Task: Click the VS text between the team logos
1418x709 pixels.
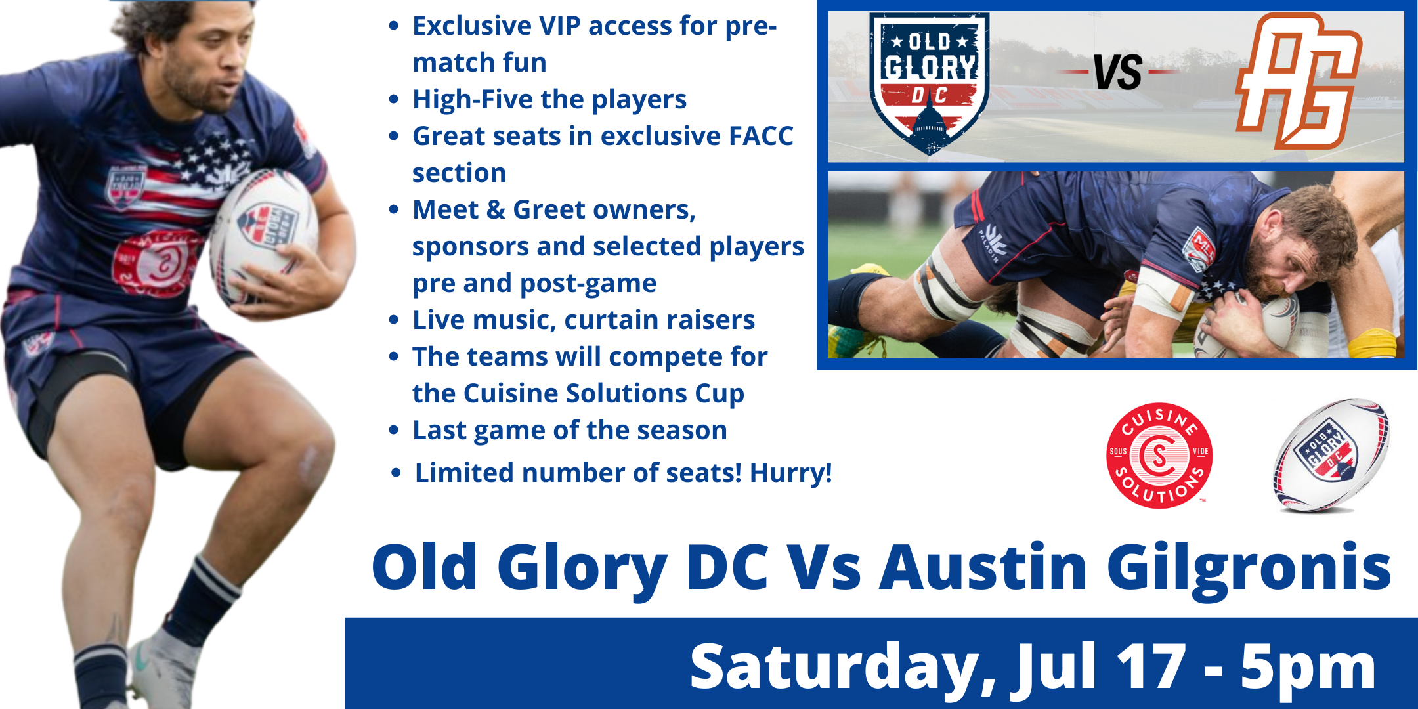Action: tap(1118, 72)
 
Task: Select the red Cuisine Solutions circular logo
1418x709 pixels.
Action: tap(1159, 456)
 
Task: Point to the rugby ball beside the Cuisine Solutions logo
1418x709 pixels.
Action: tap(1331, 456)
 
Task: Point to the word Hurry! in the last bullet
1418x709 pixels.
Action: tap(790, 473)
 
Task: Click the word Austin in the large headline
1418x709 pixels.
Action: tap(983, 567)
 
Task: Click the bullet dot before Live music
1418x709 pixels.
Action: tap(394, 320)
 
